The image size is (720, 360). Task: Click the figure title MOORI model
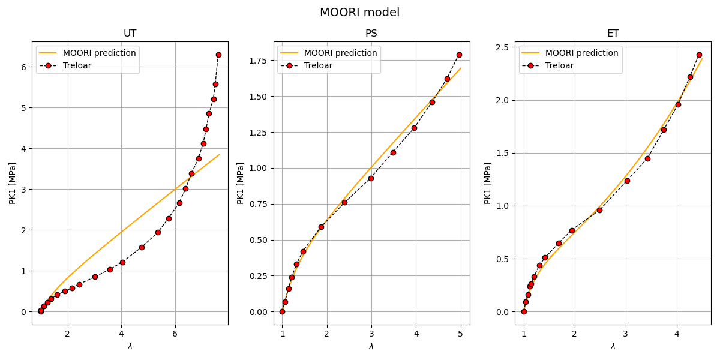[x=359, y=13]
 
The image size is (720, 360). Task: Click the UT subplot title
[x=130, y=34]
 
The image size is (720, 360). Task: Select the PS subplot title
[x=371, y=34]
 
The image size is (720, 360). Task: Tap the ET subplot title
[x=613, y=34]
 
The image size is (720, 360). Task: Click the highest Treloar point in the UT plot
[x=218, y=55]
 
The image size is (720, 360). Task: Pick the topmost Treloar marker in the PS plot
[x=459, y=55]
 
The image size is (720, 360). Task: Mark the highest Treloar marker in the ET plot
[x=699, y=55]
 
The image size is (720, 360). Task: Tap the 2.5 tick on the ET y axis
[x=503, y=47]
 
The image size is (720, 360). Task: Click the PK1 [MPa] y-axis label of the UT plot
[x=13, y=183]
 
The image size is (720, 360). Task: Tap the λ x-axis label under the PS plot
[x=371, y=346]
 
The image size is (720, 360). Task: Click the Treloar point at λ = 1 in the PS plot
[x=282, y=311]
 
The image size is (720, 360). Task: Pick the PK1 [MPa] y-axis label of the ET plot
[x=488, y=183]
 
